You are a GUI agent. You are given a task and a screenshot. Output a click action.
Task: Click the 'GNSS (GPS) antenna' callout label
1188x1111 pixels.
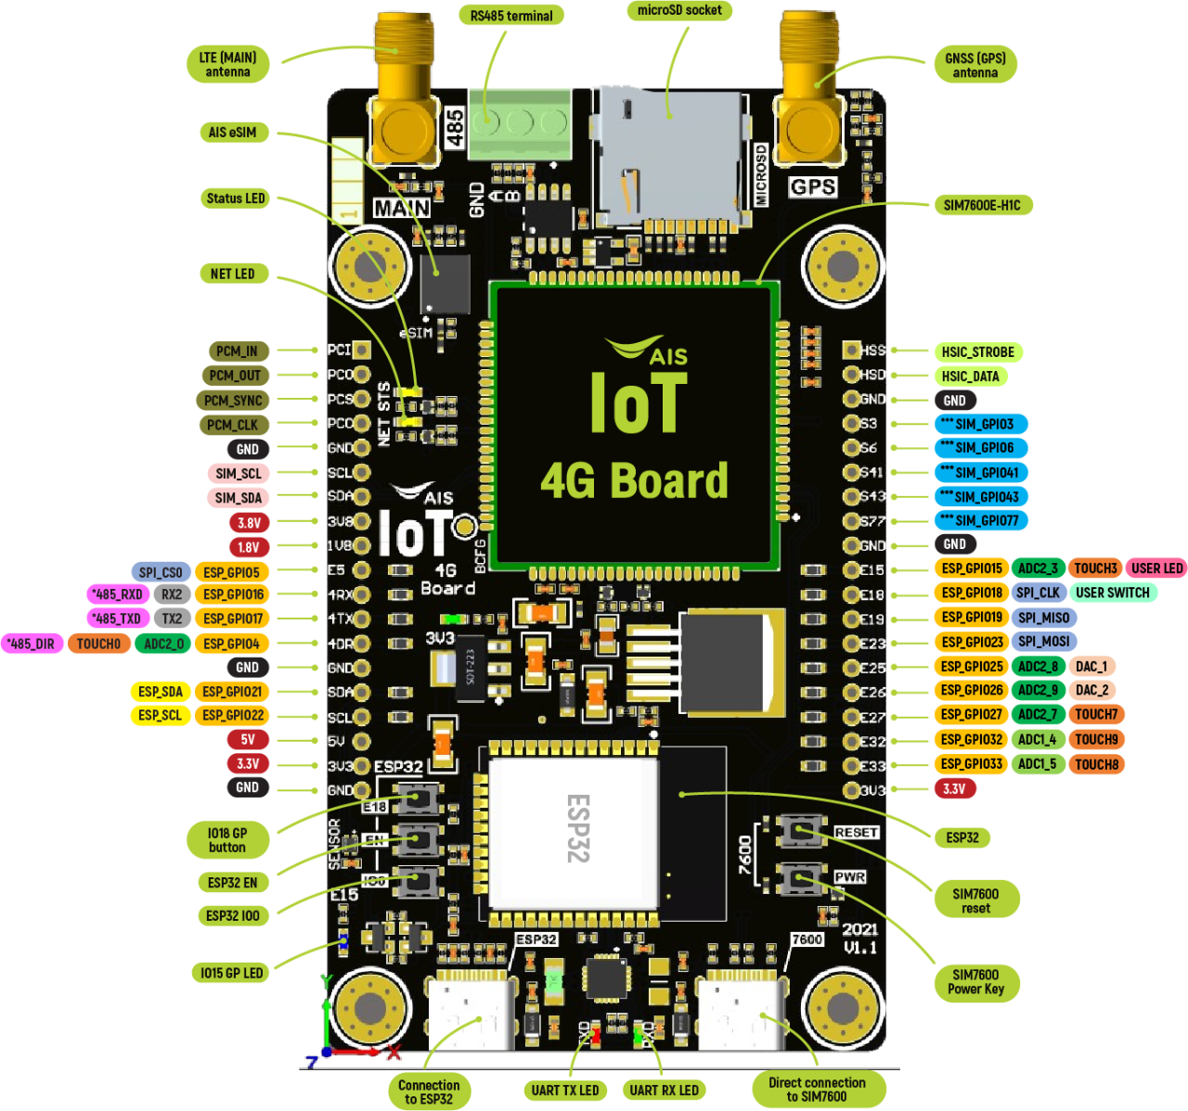975,64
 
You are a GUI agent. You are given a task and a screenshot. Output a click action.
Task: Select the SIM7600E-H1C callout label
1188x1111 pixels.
982,205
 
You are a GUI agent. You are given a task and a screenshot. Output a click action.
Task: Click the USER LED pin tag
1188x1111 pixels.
1156,568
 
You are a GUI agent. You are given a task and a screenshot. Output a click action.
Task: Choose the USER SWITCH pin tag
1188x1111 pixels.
1112,593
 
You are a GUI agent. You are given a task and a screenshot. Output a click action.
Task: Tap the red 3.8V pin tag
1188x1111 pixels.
249,523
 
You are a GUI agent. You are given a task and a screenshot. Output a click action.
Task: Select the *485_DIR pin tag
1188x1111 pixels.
31,644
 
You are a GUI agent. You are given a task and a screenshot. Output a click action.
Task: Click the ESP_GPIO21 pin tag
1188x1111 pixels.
232,692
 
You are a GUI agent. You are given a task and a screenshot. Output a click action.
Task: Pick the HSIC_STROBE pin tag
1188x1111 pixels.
977,352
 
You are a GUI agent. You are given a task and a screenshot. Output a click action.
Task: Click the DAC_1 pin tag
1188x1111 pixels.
1091,667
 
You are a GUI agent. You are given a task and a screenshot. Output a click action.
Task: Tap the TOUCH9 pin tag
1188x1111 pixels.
1096,740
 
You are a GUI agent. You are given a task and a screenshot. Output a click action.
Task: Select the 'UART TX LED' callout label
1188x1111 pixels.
564,1091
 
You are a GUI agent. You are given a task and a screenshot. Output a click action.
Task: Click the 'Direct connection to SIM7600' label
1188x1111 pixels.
817,1090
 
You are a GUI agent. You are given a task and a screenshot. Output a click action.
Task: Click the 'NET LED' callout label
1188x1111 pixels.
232,274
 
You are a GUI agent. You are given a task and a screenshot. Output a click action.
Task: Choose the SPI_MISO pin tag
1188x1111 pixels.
1043,618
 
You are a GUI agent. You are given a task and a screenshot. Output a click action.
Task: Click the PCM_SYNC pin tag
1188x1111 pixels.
233,401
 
